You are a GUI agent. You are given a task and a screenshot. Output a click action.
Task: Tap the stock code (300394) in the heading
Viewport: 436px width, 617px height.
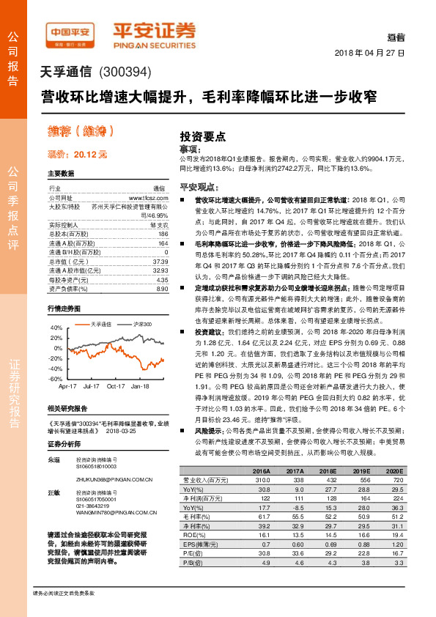123,73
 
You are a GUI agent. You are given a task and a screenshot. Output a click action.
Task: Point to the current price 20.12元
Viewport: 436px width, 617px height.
77,155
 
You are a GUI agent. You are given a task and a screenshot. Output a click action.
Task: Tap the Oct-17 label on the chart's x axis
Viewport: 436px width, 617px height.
115,385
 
